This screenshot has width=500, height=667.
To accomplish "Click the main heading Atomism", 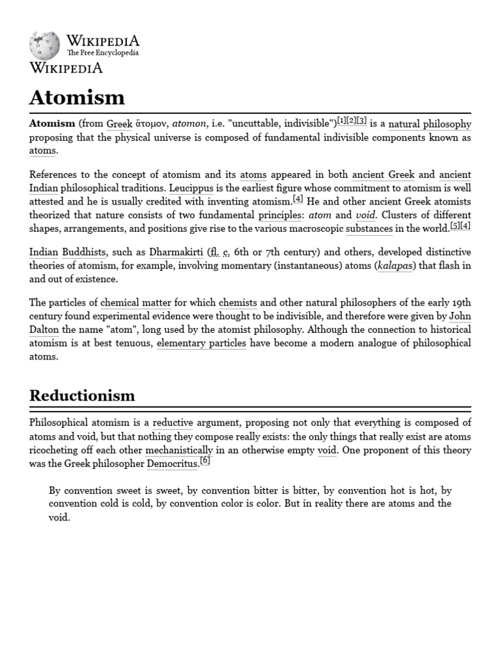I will tap(77, 97).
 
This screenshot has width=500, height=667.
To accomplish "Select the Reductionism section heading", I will tap(82, 395).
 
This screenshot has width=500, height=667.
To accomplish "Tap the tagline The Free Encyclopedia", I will tap(103, 53).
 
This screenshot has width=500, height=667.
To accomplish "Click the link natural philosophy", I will tap(430, 124).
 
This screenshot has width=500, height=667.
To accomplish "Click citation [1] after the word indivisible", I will tap(341, 121).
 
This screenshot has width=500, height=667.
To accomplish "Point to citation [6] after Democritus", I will tap(205, 461).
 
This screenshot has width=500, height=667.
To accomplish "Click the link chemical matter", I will tap(136, 303).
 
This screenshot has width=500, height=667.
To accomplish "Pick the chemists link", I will tap(238, 303).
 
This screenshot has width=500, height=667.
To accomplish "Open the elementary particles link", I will tap(201, 343).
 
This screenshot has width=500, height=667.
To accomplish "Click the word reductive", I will tap(173, 423).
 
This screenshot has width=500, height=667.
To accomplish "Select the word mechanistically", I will tap(179, 450).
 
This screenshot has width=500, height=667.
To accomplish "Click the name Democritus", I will tap(172, 464).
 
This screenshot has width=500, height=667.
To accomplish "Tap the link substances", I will tap(369, 229).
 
